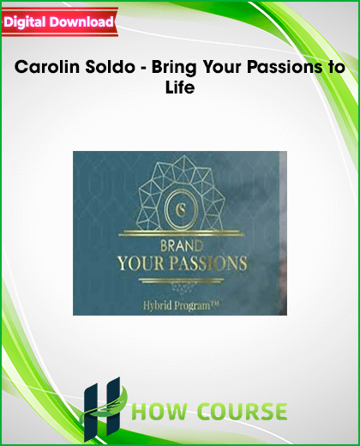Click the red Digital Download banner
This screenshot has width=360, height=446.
pyautogui.click(x=60, y=22)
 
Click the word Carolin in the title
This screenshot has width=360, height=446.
pyautogui.click(x=47, y=67)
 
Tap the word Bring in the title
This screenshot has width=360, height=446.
pyautogui.click(x=174, y=68)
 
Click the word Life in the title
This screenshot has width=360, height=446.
pyautogui.click(x=180, y=87)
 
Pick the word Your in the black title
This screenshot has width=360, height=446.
pyautogui.click(x=222, y=67)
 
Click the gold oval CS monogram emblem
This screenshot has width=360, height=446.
pyautogui.click(x=181, y=209)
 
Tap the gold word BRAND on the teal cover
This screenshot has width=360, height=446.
pyautogui.click(x=182, y=246)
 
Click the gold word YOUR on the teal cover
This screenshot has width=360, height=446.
pyautogui.click(x=141, y=263)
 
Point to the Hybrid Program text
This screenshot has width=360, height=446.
pyautogui.click(x=181, y=306)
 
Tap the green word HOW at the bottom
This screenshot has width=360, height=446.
pyautogui.click(x=160, y=412)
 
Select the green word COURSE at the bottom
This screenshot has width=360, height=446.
pyautogui.click(x=243, y=412)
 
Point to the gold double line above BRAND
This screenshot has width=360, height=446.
pyautogui.click(x=181, y=233)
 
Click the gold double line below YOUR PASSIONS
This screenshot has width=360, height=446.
pyautogui.click(x=182, y=280)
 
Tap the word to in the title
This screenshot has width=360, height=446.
pyautogui.click(x=334, y=68)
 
